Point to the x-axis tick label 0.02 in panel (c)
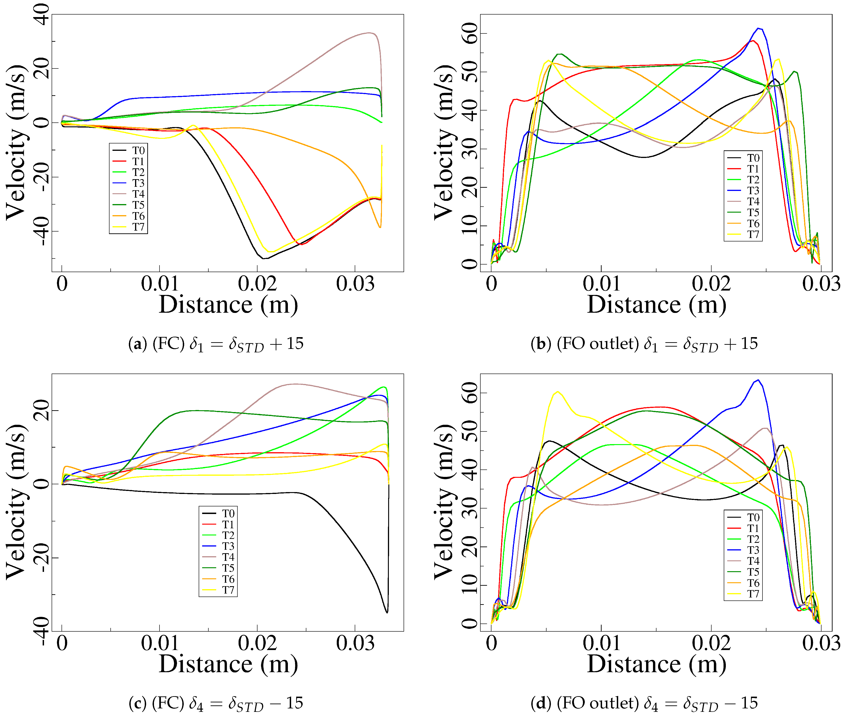coord(257,643)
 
